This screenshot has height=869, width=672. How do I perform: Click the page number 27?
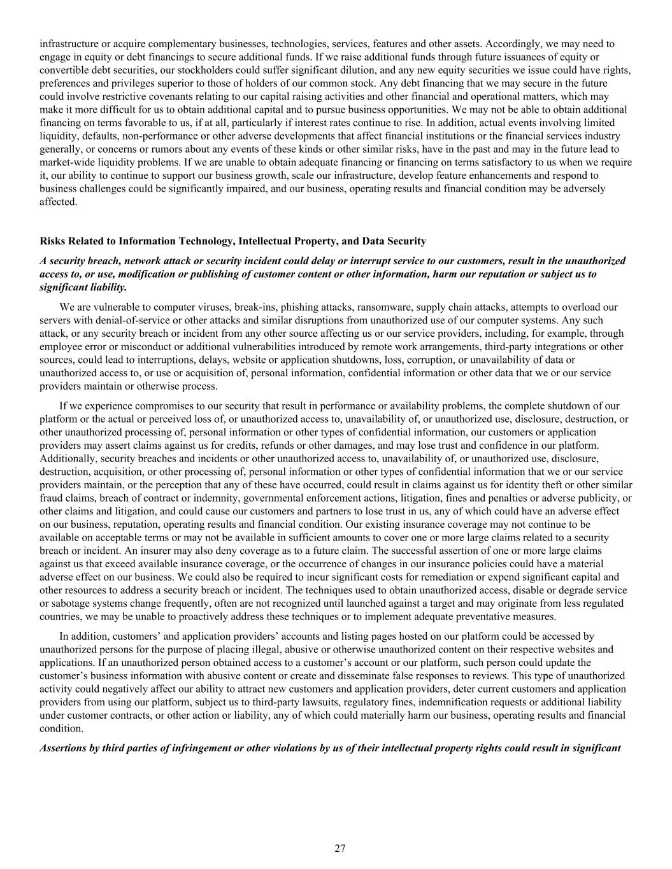tap(340, 848)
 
